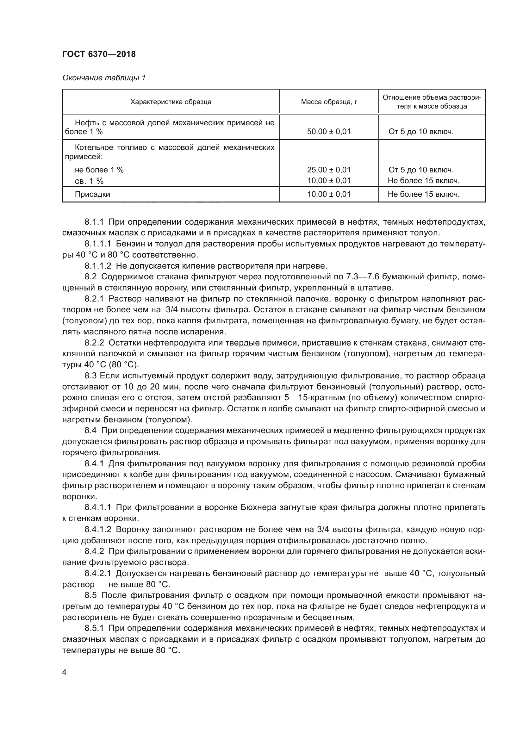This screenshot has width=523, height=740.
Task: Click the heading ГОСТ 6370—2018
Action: pos(99,54)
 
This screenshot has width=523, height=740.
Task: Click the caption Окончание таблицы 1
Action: pos(104,78)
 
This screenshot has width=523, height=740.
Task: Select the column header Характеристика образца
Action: pos(171,102)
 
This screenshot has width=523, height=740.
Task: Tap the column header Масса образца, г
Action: pos(329,102)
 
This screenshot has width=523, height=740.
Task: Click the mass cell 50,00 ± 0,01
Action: pos(329,132)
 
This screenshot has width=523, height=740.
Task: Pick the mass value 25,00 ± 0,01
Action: pos(329,170)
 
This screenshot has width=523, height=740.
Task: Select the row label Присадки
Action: pos(92,194)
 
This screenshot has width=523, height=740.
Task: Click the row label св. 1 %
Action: pos(89,181)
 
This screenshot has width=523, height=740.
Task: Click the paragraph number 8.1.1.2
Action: pos(98,266)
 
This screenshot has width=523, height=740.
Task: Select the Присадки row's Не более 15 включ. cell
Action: pos(423,194)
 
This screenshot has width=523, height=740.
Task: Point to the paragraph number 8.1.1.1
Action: pos(98,244)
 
